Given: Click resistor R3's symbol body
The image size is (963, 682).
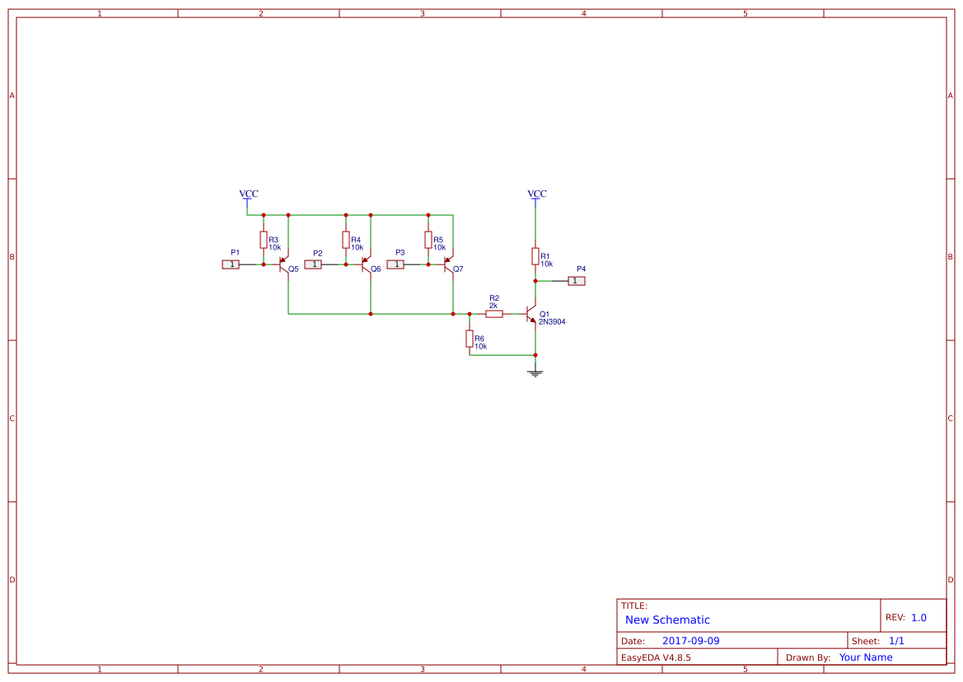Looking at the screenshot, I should tap(264, 240).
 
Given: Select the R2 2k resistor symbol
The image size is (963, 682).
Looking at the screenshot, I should tap(494, 314).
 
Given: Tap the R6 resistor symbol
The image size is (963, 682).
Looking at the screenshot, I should tap(470, 339).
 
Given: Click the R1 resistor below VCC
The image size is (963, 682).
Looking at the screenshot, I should tap(535, 256).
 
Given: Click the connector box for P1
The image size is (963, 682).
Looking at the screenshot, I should tap(231, 264).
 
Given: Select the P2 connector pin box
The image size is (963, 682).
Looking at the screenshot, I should tap(313, 264).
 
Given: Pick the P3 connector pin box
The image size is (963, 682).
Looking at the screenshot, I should tap(395, 264).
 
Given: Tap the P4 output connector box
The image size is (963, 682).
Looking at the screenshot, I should tap(577, 281).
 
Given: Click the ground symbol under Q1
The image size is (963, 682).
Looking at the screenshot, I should tap(535, 374).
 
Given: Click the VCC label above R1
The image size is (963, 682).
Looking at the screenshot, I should tap(536, 194).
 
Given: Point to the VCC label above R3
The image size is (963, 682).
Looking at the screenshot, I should tap(248, 194).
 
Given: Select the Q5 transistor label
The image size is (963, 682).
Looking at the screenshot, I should tap(293, 269).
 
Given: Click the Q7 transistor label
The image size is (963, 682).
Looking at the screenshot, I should tap(458, 269).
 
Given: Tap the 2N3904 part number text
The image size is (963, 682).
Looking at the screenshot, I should tap(552, 322).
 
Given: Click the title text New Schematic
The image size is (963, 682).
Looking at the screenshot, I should tap(667, 620).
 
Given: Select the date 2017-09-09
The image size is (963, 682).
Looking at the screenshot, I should tap(690, 641).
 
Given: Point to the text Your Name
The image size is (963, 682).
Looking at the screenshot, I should tap(866, 657).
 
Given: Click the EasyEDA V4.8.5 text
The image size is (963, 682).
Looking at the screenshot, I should tap(656, 657).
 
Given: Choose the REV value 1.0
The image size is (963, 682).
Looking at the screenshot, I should tap(919, 618).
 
